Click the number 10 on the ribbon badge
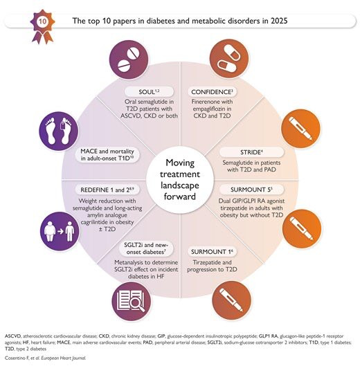(42, 21)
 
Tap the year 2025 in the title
(279, 21)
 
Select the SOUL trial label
(149, 92)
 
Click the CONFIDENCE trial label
(212, 92)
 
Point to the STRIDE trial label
(251, 152)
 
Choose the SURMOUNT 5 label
(251, 190)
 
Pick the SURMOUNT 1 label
(212, 252)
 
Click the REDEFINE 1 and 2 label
(107, 190)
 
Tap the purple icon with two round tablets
(129, 60)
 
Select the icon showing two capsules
(229, 59)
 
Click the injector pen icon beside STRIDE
(301, 129)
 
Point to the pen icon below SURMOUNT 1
(231, 300)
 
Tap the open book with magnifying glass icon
(131, 302)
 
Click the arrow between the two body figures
(60, 231)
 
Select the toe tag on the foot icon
(62, 126)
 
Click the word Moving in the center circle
(180, 163)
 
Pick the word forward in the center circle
(179, 196)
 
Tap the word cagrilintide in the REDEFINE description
(96, 222)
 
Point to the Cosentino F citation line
(45, 358)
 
